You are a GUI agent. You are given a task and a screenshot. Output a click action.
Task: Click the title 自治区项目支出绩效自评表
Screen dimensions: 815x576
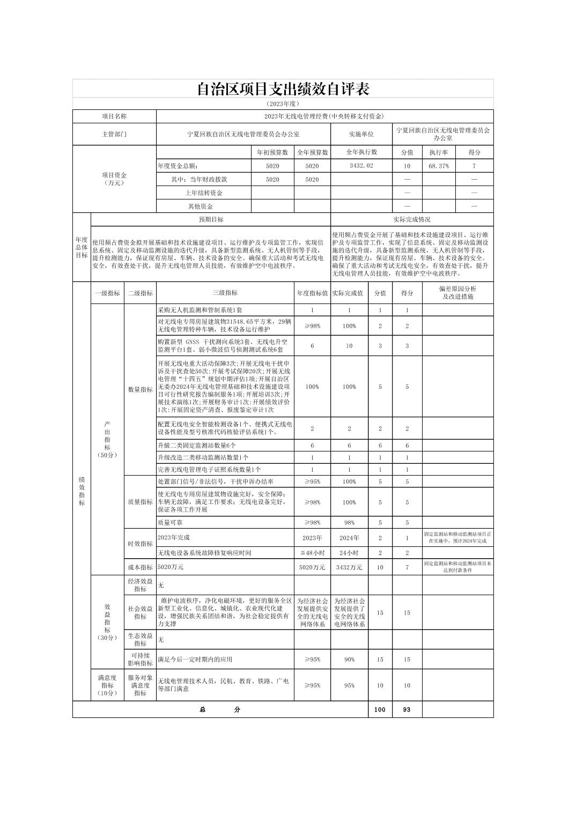[x=283, y=88]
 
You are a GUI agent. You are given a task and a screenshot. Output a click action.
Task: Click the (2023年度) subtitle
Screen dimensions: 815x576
[x=283, y=103]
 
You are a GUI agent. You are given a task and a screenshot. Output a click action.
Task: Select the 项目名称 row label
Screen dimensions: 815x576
[x=114, y=116]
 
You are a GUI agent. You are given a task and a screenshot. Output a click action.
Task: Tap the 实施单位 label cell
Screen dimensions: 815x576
[x=361, y=134]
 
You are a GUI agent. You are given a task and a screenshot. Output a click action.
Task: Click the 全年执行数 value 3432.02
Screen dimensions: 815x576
[x=361, y=166]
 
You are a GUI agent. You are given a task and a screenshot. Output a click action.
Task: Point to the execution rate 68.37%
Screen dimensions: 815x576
[x=438, y=166]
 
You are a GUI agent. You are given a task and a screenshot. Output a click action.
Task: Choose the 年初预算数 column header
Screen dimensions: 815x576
[x=272, y=152]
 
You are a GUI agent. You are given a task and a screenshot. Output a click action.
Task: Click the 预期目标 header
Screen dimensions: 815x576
[x=211, y=219]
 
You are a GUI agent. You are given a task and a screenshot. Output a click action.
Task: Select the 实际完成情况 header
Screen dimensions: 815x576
[x=411, y=219]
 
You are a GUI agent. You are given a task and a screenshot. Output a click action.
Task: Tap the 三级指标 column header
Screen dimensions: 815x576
[x=225, y=293]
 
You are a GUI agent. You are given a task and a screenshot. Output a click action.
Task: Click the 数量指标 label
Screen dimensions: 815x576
[x=140, y=390]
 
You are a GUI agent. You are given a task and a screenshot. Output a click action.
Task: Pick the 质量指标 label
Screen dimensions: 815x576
[x=140, y=502]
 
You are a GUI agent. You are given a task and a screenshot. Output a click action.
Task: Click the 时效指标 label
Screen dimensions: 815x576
[x=140, y=544]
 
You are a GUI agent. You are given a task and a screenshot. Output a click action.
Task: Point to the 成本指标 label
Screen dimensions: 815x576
[x=140, y=567]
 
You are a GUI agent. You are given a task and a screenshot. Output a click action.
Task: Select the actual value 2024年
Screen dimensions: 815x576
[x=349, y=538]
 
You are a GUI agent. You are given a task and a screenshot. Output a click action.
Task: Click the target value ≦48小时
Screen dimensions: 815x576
[x=312, y=553]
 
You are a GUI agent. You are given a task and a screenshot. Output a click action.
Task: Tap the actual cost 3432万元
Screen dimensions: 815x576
[x=349, y=567]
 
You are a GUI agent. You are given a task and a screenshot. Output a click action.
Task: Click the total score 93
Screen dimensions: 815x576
[x=407, y=709]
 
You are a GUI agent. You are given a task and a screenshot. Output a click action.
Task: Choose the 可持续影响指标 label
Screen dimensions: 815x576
[x=140, y=660]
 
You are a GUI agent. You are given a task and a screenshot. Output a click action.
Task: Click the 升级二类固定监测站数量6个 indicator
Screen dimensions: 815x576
[x=197, y=446]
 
